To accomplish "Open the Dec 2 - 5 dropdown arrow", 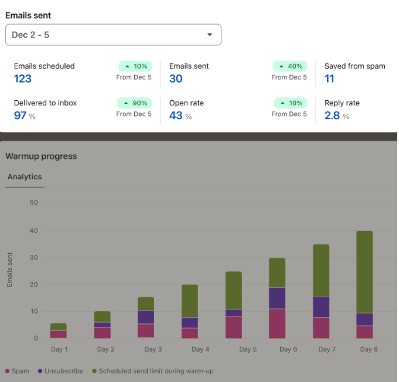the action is [x=209, y=35].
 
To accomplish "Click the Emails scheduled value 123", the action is [x=23, y=79].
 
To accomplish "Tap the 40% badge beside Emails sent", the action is [x=289, y=66].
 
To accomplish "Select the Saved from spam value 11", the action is [x=329, y=79].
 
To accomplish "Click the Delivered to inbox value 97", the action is [x=20, y=115].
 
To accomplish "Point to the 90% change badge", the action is [x=134, y=103].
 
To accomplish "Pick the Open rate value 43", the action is [x=176, y=115].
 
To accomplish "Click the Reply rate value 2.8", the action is [x=332, y=115].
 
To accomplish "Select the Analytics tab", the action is [x=25, y=176].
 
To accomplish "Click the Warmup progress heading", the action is [x=41, y=156].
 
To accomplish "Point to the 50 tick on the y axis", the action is [x=33, y=203].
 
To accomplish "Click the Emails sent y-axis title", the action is [x=9, y=270].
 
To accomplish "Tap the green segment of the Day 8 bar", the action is [x=364, y=272].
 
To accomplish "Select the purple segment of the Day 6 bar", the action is [x=277, y=298].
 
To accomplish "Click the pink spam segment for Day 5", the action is [x=234, y=327].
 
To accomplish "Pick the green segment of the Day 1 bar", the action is [x=58, y=327].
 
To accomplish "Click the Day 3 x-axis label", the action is [x=153, y=349].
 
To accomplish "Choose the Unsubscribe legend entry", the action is [x=60, y=371].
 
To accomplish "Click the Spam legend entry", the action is [x=18, y=371].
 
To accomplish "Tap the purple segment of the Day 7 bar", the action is [x=321, y=306].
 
